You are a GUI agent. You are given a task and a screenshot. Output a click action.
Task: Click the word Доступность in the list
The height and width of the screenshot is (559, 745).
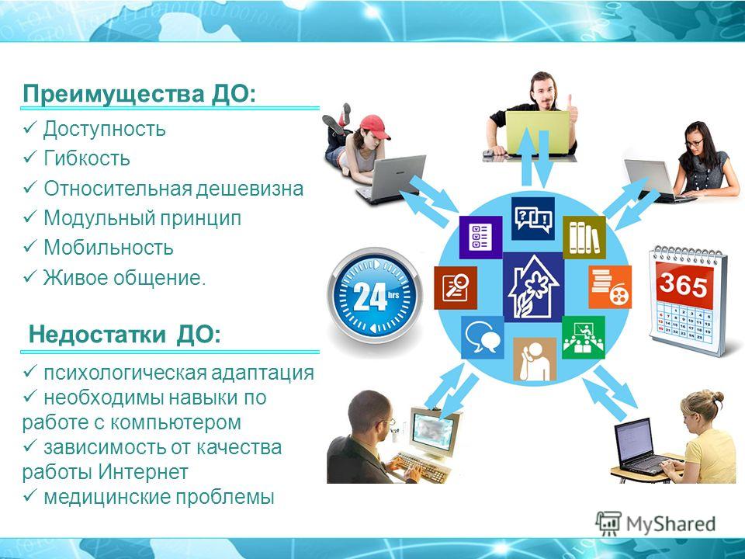coord(105,130)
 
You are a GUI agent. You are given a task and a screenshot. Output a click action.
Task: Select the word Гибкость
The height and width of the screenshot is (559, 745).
coord(87,158)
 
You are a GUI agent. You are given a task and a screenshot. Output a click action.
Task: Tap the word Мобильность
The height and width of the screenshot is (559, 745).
coord(109,248)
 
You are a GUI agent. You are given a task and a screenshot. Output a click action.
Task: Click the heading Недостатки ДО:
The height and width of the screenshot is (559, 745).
coord(125,335)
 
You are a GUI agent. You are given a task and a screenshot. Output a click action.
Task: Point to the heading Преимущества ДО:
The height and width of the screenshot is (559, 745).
coord(139,94)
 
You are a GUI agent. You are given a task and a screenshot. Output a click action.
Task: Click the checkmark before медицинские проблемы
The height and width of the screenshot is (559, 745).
coord(30,496)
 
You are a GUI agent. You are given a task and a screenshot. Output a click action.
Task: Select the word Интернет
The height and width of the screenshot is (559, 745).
coord(144,472)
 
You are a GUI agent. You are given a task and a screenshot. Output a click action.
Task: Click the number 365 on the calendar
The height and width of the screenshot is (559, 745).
coord(683,285)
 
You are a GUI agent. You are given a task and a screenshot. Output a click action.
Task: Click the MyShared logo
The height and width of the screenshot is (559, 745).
coord(656,524)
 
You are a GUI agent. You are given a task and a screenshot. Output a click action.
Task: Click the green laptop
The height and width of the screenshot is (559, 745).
coord(537,133)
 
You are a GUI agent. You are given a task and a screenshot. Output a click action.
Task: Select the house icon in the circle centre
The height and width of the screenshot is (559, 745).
coord(534,287)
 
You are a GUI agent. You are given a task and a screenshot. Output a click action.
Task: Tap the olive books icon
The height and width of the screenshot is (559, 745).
coord(584,238)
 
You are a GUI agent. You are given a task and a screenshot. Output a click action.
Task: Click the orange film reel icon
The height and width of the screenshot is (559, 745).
coord(610,286)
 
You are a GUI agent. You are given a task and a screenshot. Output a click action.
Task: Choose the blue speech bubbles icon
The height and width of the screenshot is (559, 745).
coord(483,338)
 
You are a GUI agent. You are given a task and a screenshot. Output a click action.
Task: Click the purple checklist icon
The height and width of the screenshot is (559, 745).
coord(480,238)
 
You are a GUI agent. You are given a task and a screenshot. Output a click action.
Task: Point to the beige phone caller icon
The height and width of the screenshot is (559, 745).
coord(535,359)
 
